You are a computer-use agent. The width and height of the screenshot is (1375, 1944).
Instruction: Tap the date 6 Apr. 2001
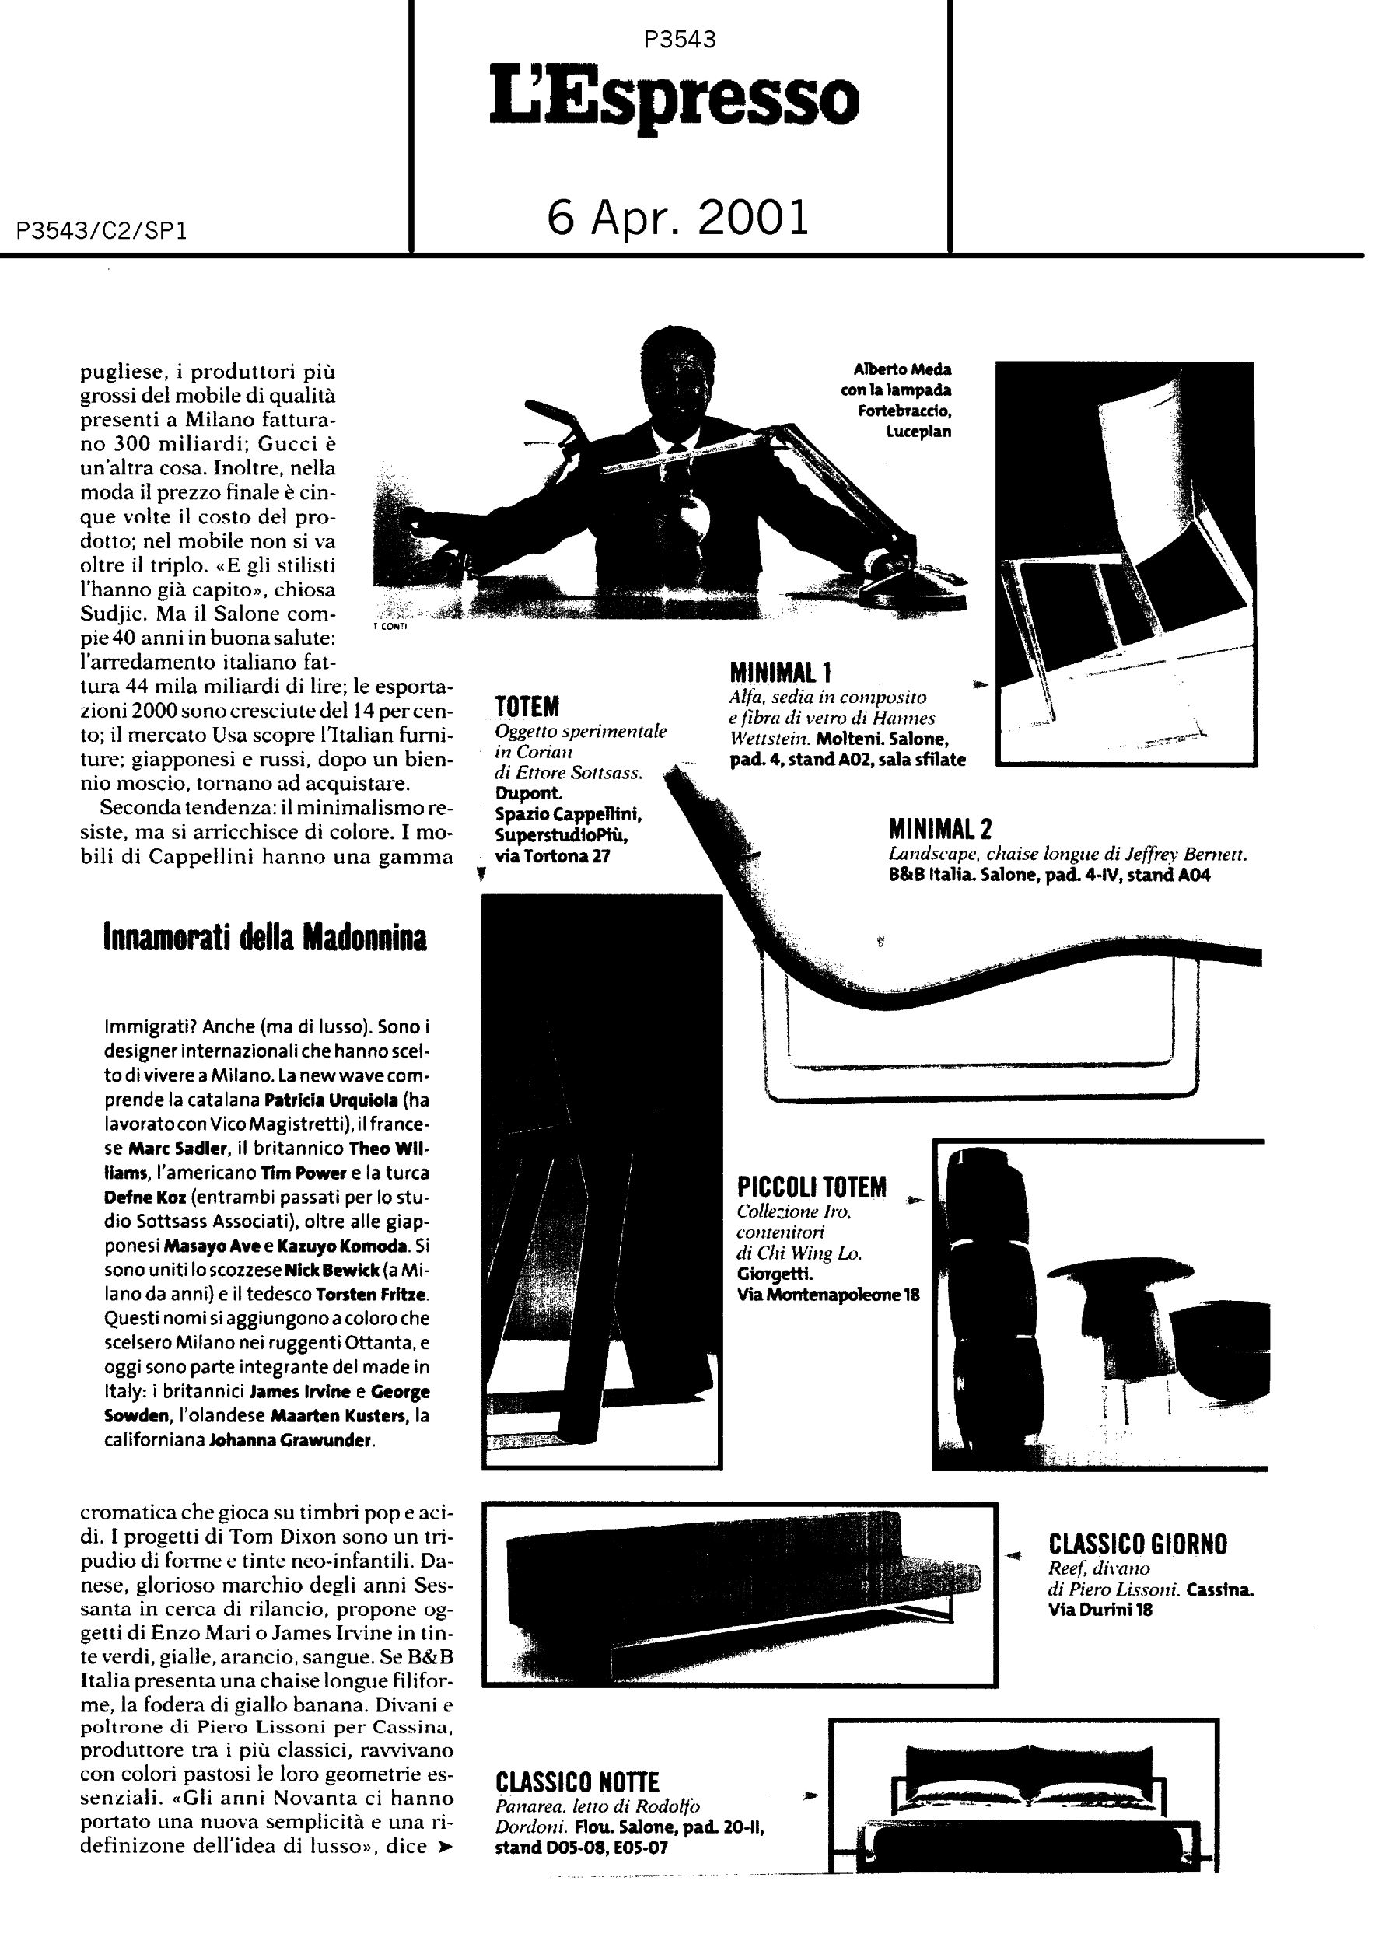tap(678, 217)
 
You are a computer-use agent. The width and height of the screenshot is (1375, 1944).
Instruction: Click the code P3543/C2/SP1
tap(102, 231)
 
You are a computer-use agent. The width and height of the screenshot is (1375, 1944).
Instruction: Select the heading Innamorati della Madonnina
tap(265, 938)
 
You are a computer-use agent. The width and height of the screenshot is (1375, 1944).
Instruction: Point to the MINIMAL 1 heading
tap(781, 673)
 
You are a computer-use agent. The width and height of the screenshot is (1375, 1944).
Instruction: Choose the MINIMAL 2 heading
tap(939, 828)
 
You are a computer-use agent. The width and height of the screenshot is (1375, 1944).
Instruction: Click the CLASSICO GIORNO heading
tap(1137, 1544)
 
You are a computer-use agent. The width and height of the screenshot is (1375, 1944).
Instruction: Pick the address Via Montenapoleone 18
tap(828, 1295)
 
